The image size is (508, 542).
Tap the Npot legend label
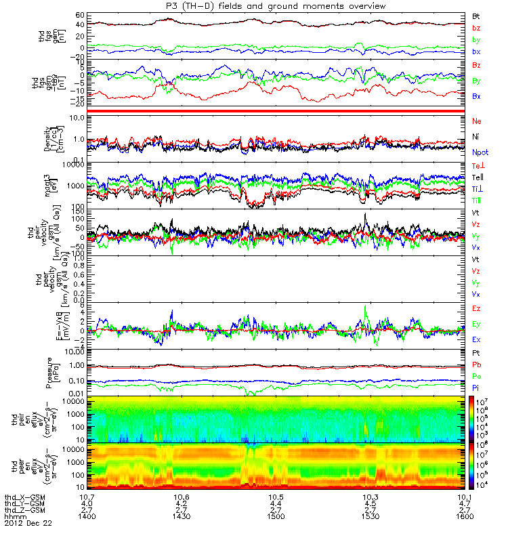[480, 152]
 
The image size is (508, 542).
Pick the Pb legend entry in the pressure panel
[476, 365]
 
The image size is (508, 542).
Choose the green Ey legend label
[476, 323]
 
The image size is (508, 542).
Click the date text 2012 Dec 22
[28, 524]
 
